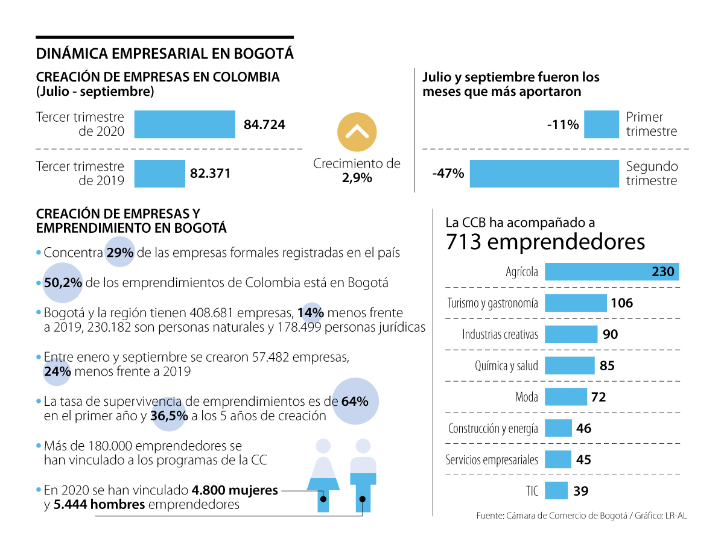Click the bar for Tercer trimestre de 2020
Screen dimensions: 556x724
(184, 124)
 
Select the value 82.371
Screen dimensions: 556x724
(210, 173)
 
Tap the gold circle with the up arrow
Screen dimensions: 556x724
(357, 131)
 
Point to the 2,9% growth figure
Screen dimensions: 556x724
(356, 178)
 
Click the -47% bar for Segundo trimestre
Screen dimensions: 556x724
(544, 173)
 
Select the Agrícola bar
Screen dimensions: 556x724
(612, 271)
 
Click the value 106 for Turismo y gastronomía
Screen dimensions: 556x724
(621, 303)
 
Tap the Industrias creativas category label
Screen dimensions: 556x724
(500, 334)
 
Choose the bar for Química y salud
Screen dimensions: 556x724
(570, 365)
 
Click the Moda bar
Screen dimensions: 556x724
(565, 396)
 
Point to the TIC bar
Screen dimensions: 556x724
(556, 490)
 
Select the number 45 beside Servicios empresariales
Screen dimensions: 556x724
(583, 460)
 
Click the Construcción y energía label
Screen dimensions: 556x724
(493, 428)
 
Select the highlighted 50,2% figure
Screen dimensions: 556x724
(62, 282)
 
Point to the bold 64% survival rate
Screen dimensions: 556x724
(354, 401)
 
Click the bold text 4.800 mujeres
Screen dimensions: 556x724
(235, 490)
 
